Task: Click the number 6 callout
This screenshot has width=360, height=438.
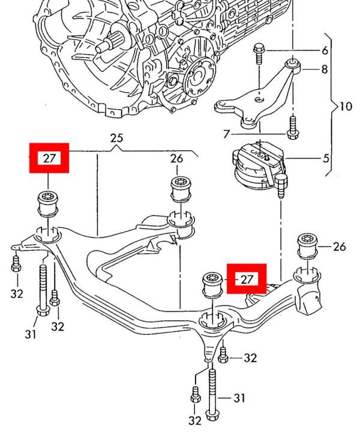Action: (325, 50)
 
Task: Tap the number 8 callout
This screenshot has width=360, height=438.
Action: (324, 70)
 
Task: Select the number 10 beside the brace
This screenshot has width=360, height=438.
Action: (345, 107)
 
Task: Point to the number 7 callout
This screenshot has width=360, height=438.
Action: (226, 133)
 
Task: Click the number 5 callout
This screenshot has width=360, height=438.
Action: (326, 160)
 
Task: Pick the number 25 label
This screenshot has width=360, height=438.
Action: (116, 139)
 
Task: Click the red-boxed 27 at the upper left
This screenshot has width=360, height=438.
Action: (50, 158)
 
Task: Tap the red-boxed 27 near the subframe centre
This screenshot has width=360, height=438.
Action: (246, 278)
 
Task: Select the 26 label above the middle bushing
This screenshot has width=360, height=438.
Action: (176, 159)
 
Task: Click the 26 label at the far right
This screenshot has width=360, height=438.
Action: (339, 246)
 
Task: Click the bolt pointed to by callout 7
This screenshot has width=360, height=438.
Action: (292, 127)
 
